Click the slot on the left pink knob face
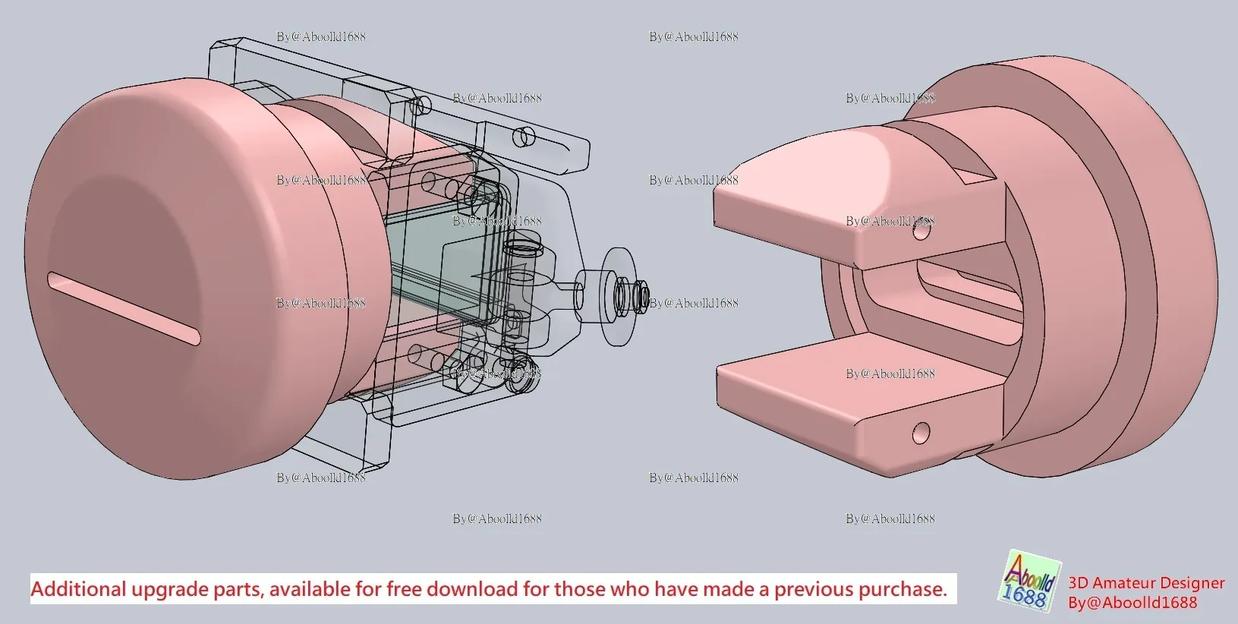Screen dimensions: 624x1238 124,307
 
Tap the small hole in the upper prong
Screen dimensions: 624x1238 921,232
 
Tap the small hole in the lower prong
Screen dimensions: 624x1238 921,433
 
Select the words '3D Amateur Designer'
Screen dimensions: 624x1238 1146,583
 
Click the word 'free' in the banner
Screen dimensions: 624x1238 406,589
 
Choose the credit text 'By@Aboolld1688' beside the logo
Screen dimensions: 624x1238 1132,603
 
